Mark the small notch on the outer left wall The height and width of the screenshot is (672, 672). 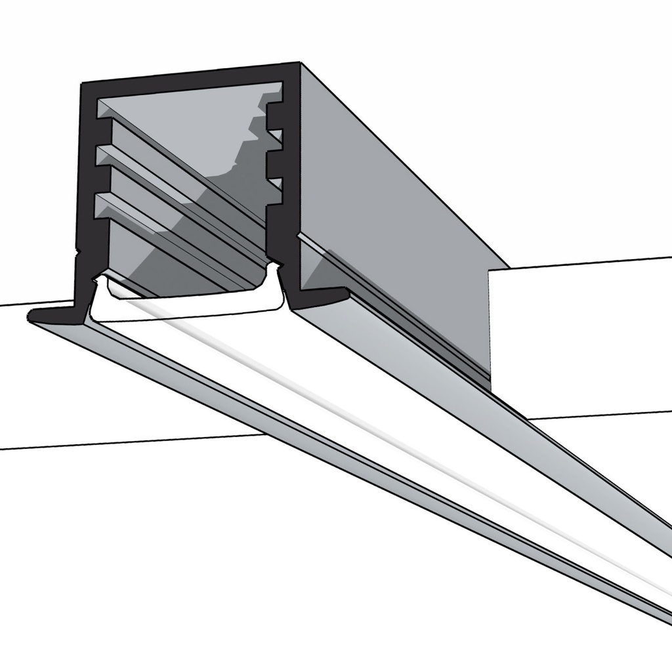[x=78, y=250]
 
